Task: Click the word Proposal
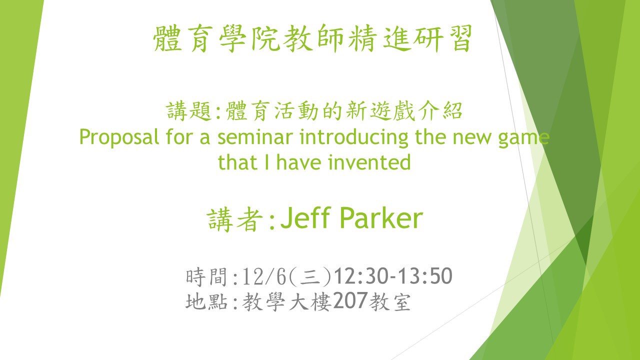coord(119,137)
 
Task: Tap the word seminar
coord(255,137)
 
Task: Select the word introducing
coord(353,138)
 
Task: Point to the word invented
coord(369,162)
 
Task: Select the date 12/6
coord(264,276)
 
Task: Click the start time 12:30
coord(359,276)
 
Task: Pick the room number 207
coord(350,300)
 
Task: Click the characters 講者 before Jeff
coord(234,219)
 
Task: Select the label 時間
coord(206,276)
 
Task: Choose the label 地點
coord(206,301)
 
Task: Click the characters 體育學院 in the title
coord(216,38)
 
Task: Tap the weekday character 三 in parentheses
coord(310,277)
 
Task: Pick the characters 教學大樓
coord(287,301)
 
